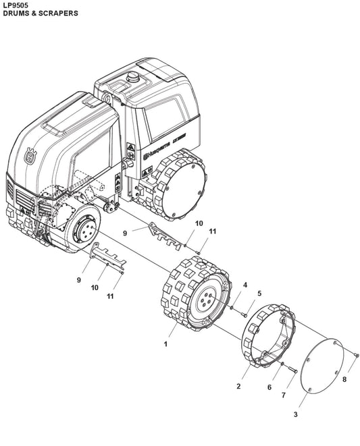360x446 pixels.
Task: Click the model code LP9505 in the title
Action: pyautogui.click(x=14, y=5)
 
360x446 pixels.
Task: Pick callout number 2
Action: pyautogui.click(x=238, y=386)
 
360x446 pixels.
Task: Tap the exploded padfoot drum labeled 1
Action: pyautogui.click(x=195, y=297)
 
